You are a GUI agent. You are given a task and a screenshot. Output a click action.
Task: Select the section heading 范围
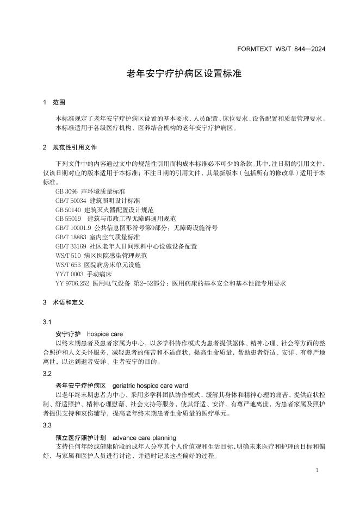pos(59,102)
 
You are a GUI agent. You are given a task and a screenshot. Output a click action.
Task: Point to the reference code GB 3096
pos(66,192)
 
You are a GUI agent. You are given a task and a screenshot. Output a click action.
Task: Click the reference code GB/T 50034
pos(70,201)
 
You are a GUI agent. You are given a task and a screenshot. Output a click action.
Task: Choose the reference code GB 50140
pos(68,210)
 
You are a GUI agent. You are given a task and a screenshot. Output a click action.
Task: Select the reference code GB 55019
pos(68,219)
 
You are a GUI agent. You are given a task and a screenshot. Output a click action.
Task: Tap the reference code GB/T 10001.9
pos(73,228)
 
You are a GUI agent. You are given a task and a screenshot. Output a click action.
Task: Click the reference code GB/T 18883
pos(70,238)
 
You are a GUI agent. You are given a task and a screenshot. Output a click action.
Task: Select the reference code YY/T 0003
pos(69,274)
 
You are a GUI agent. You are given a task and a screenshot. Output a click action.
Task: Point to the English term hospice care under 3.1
pos(105,333)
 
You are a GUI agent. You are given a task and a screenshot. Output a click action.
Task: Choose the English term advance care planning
pos(144,437)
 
